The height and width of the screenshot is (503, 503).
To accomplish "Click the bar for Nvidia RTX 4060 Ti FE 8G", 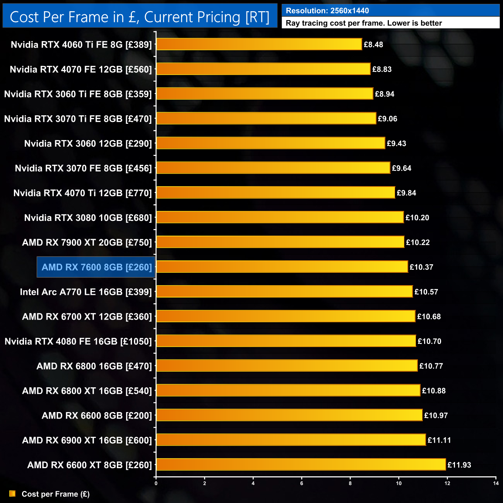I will [x=259, y=44].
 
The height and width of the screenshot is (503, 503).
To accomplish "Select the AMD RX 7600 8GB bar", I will [x=282, y=267].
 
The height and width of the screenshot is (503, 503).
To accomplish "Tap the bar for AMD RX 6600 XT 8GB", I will [x=301, y=464].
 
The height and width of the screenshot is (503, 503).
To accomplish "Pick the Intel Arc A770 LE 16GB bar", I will [x=284, y=291].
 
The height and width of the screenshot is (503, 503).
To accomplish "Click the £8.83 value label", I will [x=382, y=69].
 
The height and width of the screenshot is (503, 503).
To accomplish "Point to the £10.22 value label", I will [x=418, y=242].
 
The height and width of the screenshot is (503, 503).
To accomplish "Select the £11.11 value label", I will [x=439, y=440].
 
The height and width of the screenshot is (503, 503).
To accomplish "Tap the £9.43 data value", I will [x=397, y=143].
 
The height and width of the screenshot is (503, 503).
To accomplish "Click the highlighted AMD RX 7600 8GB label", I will [x=96, y=267].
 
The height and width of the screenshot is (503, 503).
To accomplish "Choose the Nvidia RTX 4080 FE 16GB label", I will [x=78, y=341].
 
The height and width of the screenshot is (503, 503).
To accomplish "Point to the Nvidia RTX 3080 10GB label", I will [x=88, y=217].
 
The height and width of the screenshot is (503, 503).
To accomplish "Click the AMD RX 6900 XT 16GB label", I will [x=87, y=440].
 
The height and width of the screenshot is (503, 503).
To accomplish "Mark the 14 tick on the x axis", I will [x=496, y=483].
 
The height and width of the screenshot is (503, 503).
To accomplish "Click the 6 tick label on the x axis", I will [x=302, y=483].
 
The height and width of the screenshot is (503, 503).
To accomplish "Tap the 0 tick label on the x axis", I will [x=156, y=483].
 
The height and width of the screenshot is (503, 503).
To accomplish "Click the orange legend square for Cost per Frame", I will [x=12, y=494].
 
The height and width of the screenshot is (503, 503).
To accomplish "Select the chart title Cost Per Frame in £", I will [x=139, y=17].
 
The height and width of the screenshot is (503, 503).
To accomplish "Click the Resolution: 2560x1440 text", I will [x=327, y=11].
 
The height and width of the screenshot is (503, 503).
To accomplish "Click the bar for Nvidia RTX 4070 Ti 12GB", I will [x=275, y=192].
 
